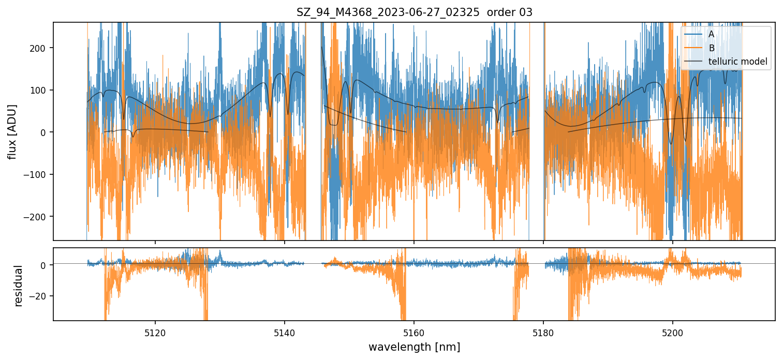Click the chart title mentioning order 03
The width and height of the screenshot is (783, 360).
[414, 12]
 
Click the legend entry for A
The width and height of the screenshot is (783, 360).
[711, 34]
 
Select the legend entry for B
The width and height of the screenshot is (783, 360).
[711, 48]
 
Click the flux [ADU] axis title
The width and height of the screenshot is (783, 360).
[11, 131]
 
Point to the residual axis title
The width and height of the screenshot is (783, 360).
[19, 286]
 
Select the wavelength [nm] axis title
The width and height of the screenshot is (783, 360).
[414, 347]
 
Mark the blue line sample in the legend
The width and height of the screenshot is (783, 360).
[693, 34]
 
